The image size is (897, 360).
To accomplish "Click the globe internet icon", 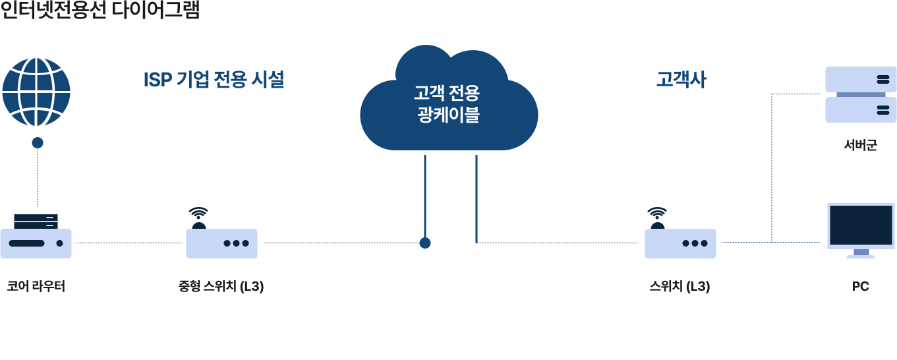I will pyautogui.click(x=36, y=92).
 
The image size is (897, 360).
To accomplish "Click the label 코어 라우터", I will pyautogui.click(x=36, y=287).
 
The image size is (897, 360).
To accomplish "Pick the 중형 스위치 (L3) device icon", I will pyautogui.click(x=221, y=243).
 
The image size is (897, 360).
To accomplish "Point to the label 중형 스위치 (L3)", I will pyautogui.click(x=221, y=287).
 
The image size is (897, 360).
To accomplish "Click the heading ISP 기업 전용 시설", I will pyautogui.click(x=214, y=80).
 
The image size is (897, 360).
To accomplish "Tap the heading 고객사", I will pyautogui.click(x=681, y=80).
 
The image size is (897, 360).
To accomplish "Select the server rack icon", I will pyautogui.click(x=861, y=94).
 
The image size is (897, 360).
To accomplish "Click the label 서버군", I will pyautogui.click(x=861, y=145).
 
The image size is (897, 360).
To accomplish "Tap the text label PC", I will pyautogui.click(x=861, y=287).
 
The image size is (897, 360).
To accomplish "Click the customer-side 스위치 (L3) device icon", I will pyautogui.click(x=680, y=243).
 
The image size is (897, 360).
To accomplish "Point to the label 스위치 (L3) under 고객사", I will pyautogui.click(x=680, y=287).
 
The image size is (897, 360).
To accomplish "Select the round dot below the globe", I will pyautogui.click(x=38, y=142).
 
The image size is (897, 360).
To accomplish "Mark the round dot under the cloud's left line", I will pyautogui.click(x=425, y=243).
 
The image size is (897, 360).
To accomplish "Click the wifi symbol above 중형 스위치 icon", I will pyautogui.click(x=198, y=213).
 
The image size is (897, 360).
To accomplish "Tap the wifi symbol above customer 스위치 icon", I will pyautogui.click(x=657, y=213).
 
